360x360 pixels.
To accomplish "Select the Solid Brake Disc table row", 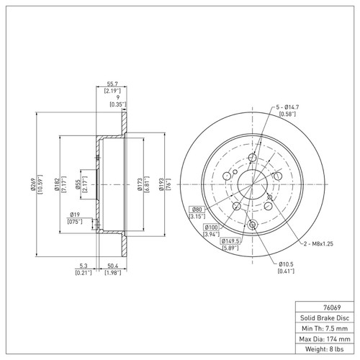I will (x=324, y=317).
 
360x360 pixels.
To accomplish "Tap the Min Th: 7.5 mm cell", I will (x=324, y=328).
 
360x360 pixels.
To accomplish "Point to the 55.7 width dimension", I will (x=112, y=84).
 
